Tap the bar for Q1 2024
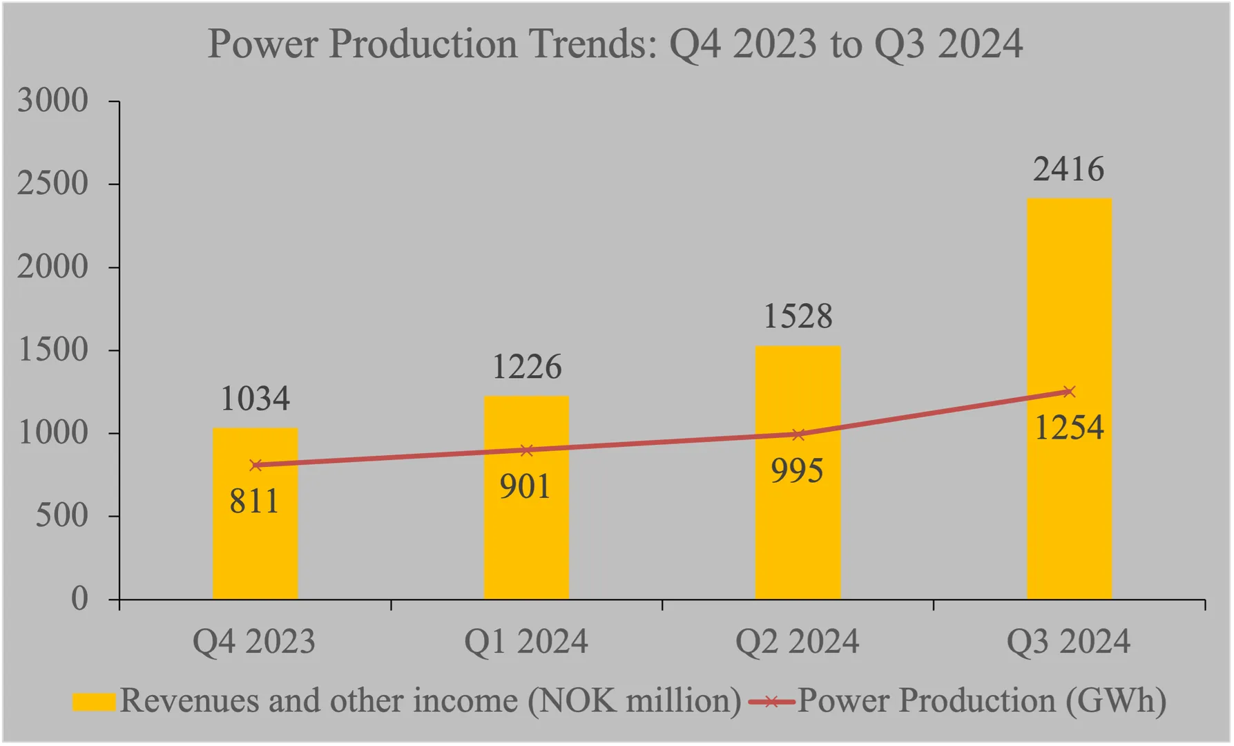tap(526, 539)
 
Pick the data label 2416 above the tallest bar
tap(1068, 170)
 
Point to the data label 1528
tap(798, 317)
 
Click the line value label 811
tap(254, 501)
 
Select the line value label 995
tap(797, 472)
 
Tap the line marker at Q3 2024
tap(1069, 392)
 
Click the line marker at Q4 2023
tap(256, 466)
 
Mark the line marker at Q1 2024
tap(526, 450)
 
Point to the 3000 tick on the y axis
tap(53, 101)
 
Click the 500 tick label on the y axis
tap(62, 516)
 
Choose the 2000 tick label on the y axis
tap(53, 267)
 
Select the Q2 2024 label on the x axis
tap(797, 642)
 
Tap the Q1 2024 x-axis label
tap(526, 642)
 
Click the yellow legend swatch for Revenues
tap(94, 702)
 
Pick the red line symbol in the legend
tap(771, 702)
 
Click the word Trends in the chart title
tap(592, 44)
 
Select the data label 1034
tap(255, 399)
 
